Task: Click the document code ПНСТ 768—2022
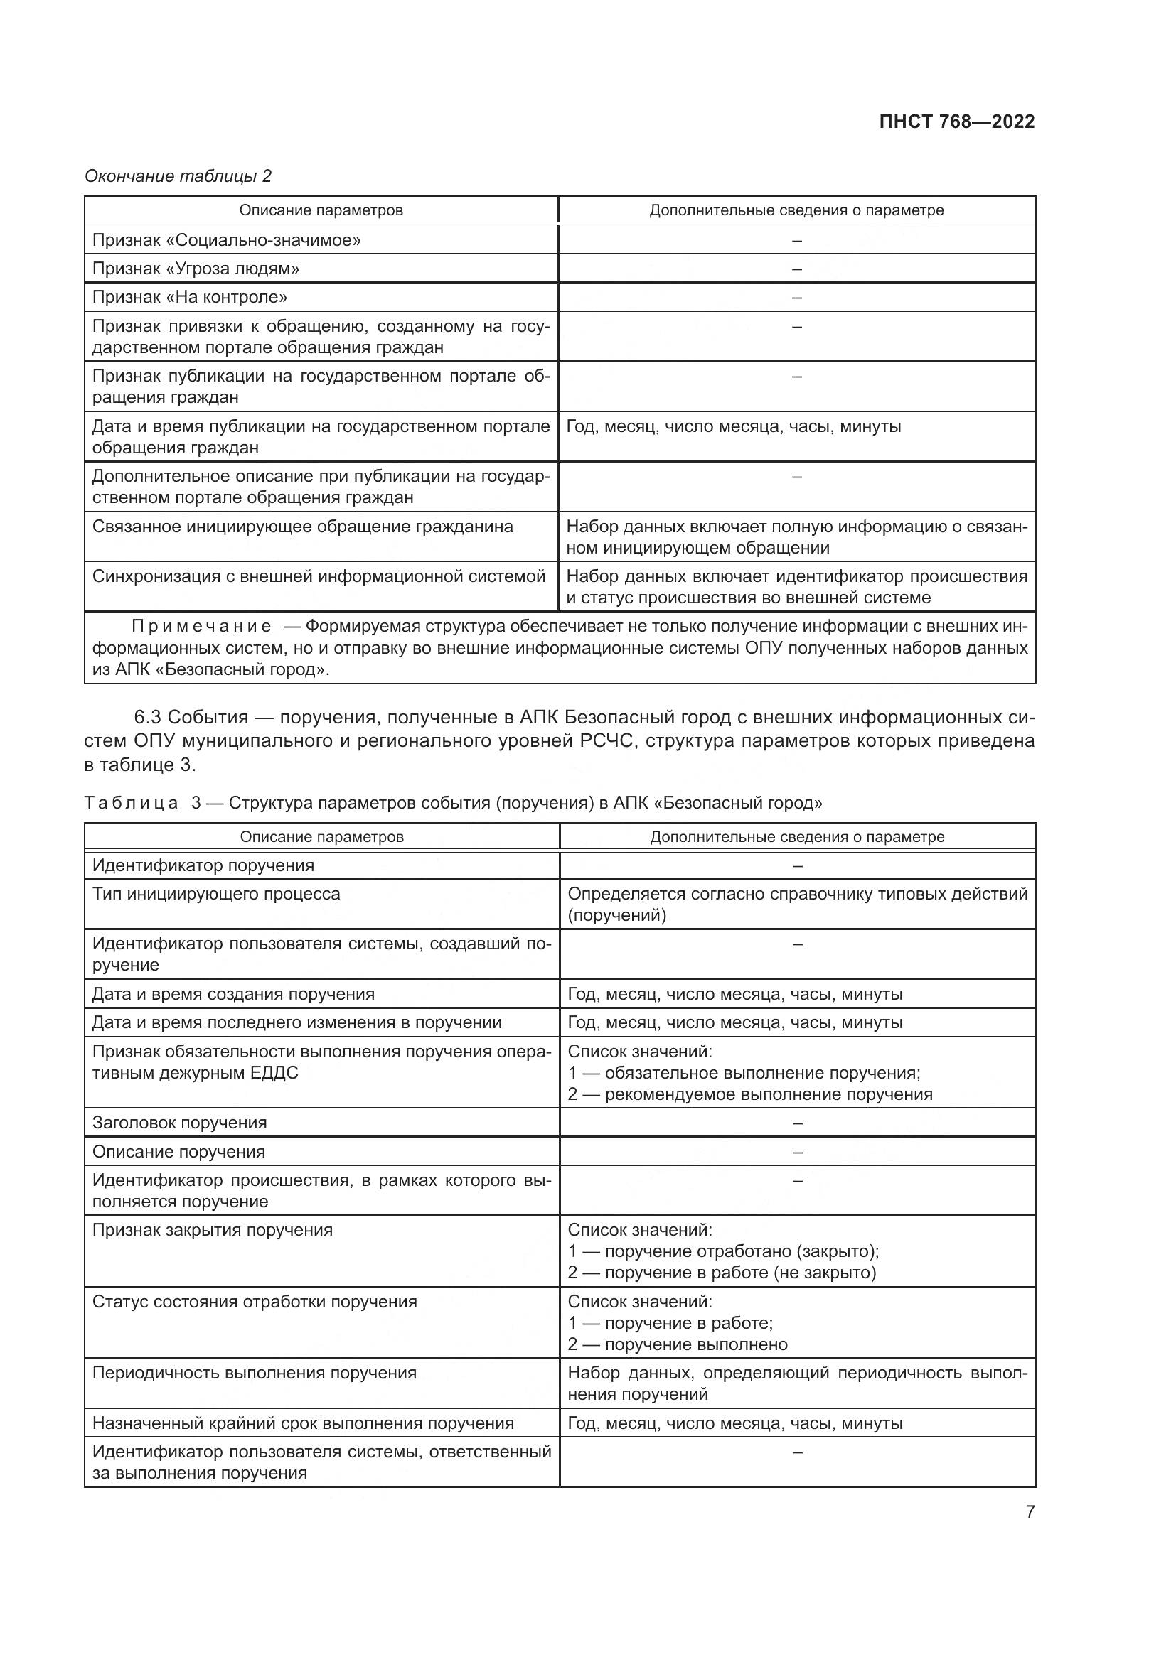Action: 956,122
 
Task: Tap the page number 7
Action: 1030,1511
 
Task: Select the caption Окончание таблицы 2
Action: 178,176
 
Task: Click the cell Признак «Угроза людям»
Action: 196,269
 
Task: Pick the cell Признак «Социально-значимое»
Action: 226,239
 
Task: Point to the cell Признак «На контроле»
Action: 190,297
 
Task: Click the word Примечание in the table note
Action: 201,626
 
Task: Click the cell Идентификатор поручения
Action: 203,865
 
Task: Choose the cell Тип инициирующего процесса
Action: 216,894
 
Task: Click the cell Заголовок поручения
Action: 180,1123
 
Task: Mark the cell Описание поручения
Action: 178,1152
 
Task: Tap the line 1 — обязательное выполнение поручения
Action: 744,1073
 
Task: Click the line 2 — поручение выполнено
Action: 677,1344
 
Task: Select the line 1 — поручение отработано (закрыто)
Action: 722,1251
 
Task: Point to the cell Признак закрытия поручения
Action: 212,1230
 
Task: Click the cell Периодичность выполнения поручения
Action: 254,1373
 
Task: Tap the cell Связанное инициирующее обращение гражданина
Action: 302,527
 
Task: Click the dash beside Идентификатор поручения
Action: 797,865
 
